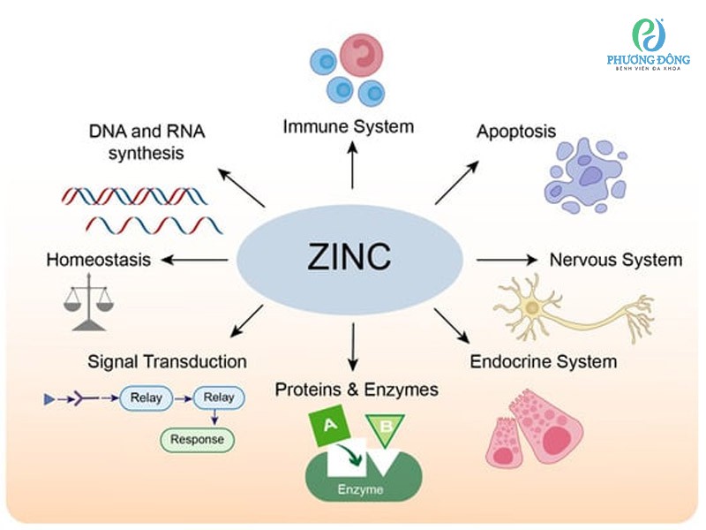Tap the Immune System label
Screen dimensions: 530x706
click(348, 126)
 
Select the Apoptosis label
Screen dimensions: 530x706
click(516, 132)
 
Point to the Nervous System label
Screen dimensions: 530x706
click(615, 260)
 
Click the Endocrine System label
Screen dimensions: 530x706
click(543, 361)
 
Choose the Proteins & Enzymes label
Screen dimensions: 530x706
click(357, 390)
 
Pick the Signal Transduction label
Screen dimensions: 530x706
click(167, 361)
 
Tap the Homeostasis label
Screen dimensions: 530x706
click(98, 260)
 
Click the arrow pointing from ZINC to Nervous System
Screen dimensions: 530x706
click(507, 260)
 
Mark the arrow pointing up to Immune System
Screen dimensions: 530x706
click(352, 164)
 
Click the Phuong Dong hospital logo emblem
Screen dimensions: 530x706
click(649, 35)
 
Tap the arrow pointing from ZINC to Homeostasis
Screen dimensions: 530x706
click(196, 260)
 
